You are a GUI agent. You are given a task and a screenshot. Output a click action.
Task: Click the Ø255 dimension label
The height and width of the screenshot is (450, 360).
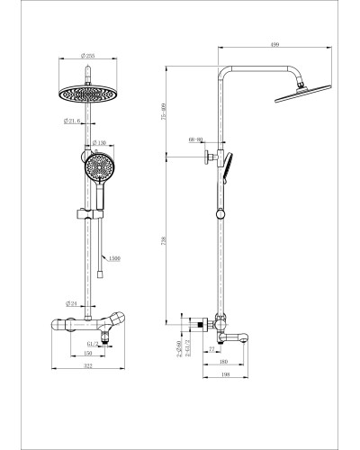click(x=86, y=54)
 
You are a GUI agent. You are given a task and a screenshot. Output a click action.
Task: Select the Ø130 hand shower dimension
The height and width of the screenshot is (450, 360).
click(x=102, y=144)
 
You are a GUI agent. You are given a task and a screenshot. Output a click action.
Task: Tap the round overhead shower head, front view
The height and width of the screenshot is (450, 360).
click(x=86, y=93)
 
